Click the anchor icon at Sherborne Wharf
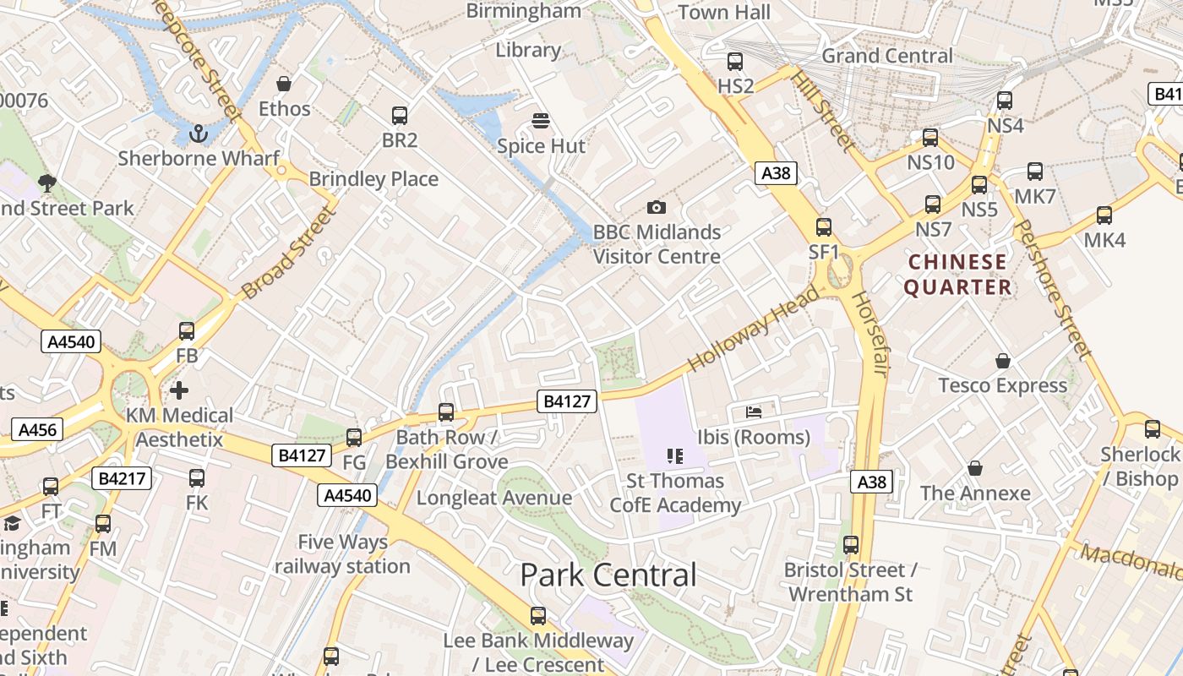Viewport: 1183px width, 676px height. click(x=199, y=133)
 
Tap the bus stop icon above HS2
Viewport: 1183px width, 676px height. click(x=735, y=61)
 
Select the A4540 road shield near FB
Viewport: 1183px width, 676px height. click(x=71, y=342)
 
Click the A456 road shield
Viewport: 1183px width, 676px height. click(x=37, y=429)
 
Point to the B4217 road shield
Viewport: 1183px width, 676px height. click(x=122, y=478)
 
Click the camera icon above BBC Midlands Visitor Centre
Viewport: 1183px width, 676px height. click(x=656, y=207)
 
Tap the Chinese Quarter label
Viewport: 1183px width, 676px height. click(x=957, y=275)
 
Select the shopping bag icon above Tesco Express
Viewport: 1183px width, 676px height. click(x=1003, y=361)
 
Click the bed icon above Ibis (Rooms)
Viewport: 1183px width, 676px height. click(x=754, y=412)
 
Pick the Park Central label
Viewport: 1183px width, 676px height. click(x=608, y=575)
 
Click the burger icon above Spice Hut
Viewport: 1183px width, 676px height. click(x=541, y=121)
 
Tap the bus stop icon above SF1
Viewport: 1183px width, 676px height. click(x=824, y=226)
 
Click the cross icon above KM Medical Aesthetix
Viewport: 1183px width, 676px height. click(x=179, y=390)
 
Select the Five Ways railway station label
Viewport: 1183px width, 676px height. click(x=342, y=553)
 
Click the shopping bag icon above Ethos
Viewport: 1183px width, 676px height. click(x=284, y=84)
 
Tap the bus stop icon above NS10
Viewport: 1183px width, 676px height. click(x=930, y=137)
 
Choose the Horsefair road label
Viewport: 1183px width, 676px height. click(x=870, y=334)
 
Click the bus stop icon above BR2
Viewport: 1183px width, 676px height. click(x=400, y=116)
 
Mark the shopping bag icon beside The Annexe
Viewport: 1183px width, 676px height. click(x=975, y=468)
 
